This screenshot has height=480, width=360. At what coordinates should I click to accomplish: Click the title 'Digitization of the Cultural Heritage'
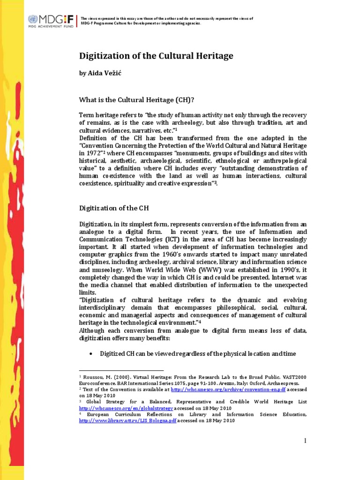click(156, 56)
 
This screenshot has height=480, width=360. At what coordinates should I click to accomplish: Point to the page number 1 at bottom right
click(305, 441)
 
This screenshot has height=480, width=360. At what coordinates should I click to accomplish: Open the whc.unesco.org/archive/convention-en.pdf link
click(222, 389)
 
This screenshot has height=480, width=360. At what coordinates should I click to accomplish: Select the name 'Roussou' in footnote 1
click(96, 377)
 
